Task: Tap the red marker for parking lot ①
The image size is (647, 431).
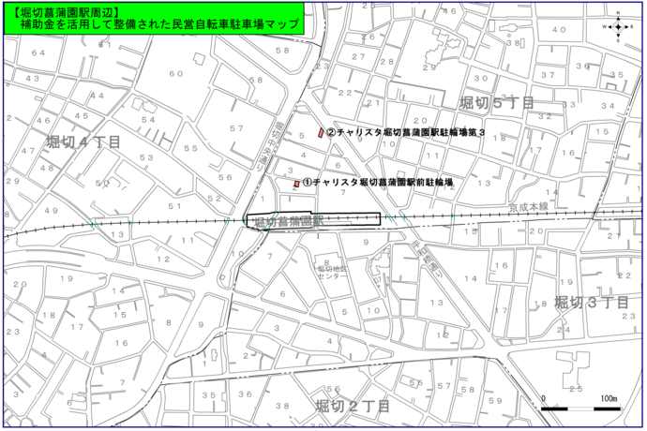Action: pos(296,184)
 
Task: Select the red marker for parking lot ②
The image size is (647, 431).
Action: pos(321,133)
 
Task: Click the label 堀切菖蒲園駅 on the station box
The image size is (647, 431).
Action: pos(289,221)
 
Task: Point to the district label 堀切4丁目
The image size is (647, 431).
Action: pos(83,141)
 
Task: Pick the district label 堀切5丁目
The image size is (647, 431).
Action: pos(497,101)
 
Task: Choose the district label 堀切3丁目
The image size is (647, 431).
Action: pos(592,302)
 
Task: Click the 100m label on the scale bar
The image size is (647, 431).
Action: pos(609,398)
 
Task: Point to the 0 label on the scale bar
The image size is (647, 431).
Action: pos(544,398)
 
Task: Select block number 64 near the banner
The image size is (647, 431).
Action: pos(38,52)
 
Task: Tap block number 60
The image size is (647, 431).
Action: pos(175,73)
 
